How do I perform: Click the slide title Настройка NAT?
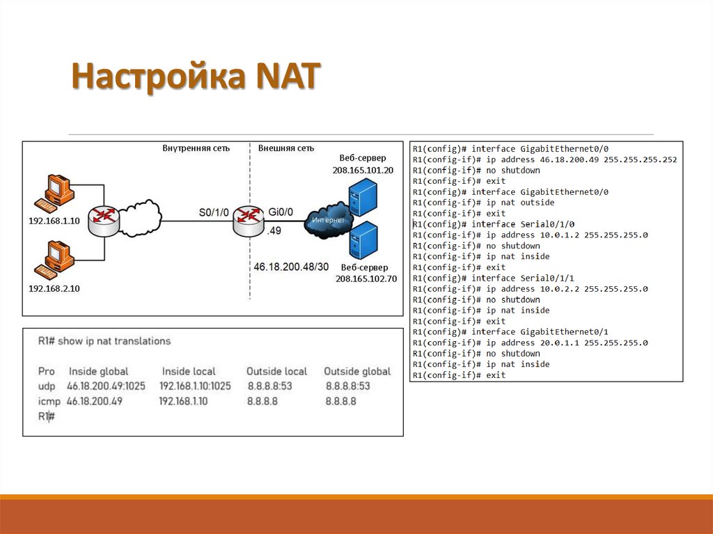click(195, 76)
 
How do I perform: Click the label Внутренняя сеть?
click(196, 148)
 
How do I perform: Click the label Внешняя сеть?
click(285, 148)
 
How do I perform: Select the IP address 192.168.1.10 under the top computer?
click(54, 221)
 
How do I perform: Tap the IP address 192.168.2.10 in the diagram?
click(54, 288)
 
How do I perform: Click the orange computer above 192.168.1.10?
click(55, 194)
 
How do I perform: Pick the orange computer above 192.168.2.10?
click(55, 259)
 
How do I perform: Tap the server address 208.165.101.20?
click(363, 170)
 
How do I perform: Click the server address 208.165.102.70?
click(366, 278)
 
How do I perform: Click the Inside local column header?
click(189, 371)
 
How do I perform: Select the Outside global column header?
click(357, 371)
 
